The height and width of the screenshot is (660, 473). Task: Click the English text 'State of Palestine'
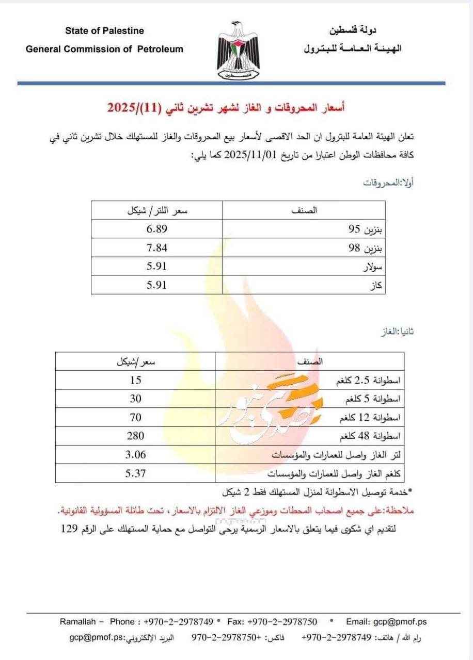pyautogui.click(x=104, y=31)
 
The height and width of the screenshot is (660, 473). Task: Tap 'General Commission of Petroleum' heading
pyautogui.click(x=104, y=49)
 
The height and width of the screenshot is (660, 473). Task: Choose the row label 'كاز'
pyautogui.click(x=378, y=285)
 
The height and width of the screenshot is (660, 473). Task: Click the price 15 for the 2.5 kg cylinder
pyautogui.click(x=135, y=380)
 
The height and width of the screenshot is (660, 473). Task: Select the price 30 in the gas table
pyautogui.click(x=135, y=399)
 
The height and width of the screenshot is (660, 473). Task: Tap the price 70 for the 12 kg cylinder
pyautogui.click(x=135, y=417)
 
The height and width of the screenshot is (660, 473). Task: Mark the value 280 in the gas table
pyautogui.click(x=135, y=436)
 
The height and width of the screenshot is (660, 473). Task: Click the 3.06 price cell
pyautogui.click(x=135, y=454)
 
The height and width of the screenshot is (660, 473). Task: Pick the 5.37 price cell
pyautogui.click(x=135, y=473)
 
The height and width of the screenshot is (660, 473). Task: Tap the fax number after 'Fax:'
pyautogui.click(x=282, y=621)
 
